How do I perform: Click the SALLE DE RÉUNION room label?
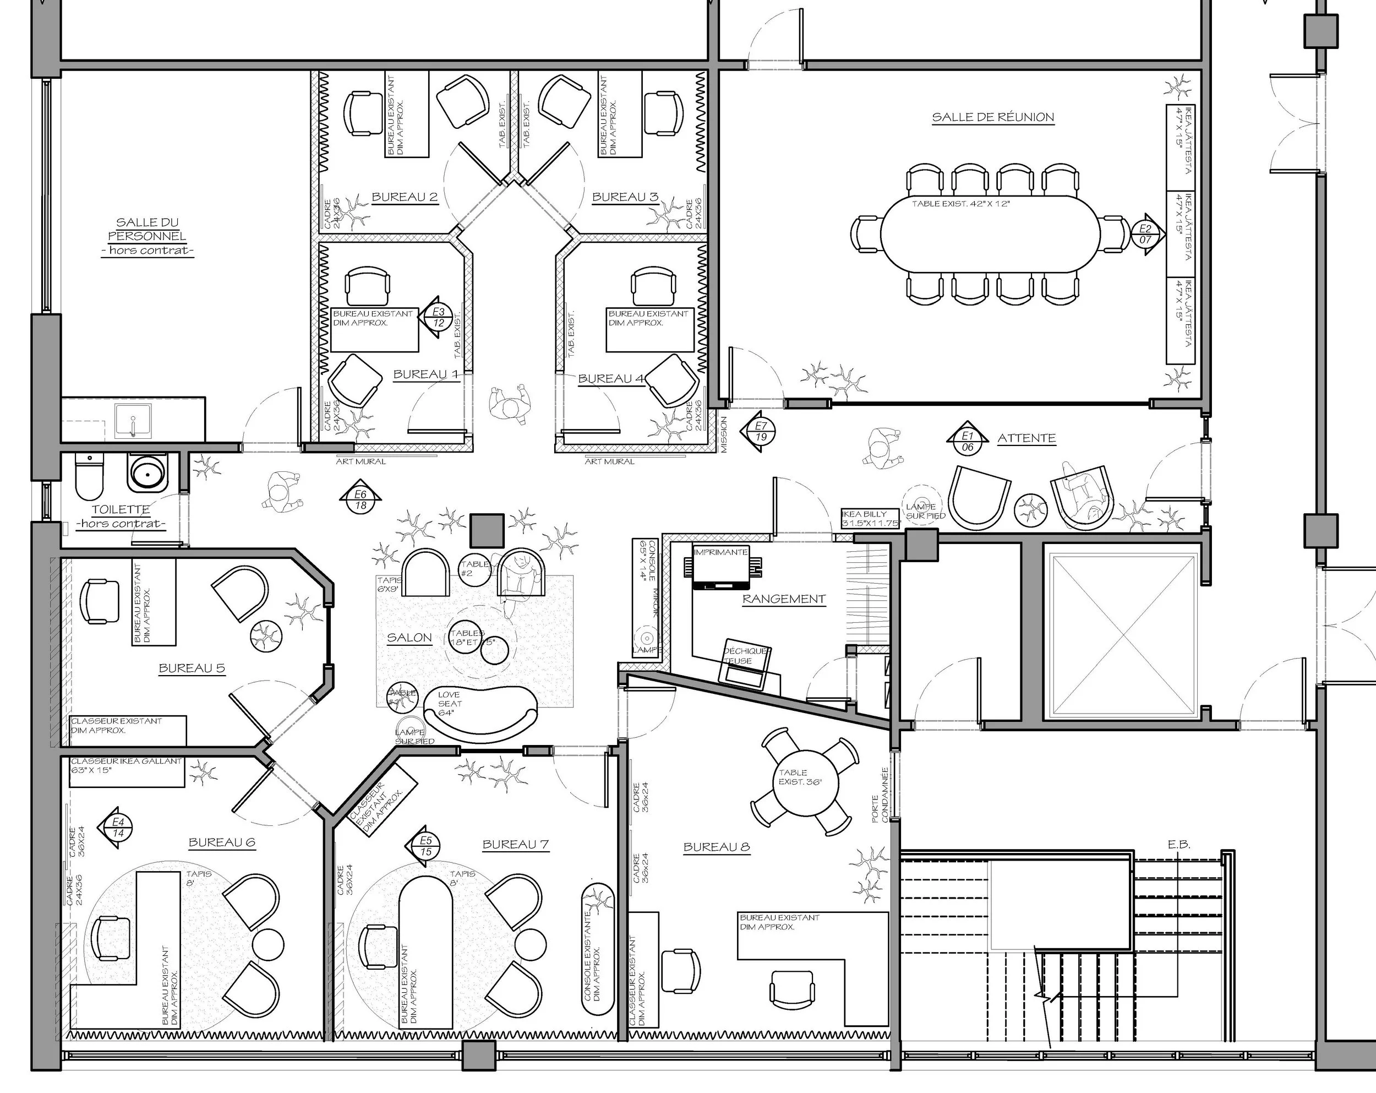point(992,117)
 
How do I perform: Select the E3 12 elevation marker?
point(438,317)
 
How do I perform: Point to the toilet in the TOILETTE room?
point(89,476)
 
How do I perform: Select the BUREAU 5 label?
point(192,668)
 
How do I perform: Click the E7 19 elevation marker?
point(760,432)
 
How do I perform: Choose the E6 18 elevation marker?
point(361,500)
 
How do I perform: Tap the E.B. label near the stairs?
point(1179,844)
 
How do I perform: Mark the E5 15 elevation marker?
point(425,846)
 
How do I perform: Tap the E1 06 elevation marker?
point(968,441)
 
